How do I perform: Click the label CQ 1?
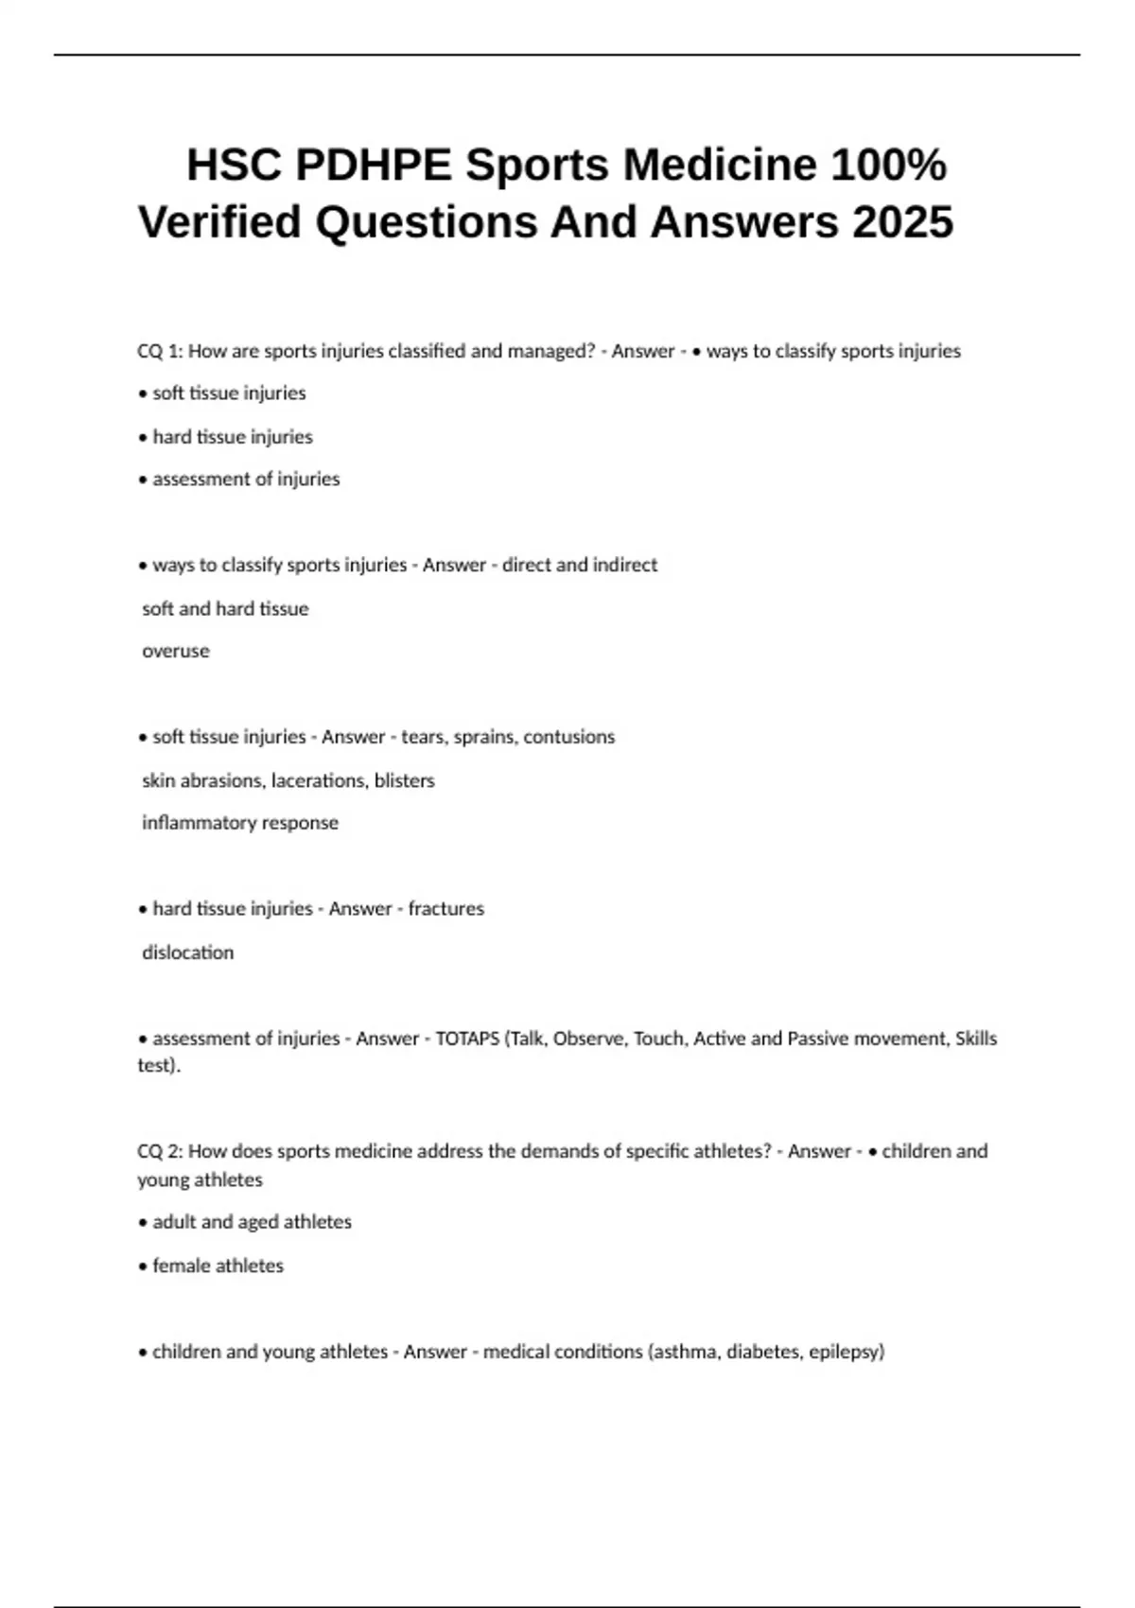(160, 351)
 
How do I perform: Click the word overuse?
(176, 651)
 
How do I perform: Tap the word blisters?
(405, 780)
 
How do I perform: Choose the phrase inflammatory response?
(240, 823)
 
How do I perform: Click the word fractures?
(445, 909)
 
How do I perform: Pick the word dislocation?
(188, 953)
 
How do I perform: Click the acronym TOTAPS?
(467, 1039)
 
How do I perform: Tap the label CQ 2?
(160, 1151)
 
